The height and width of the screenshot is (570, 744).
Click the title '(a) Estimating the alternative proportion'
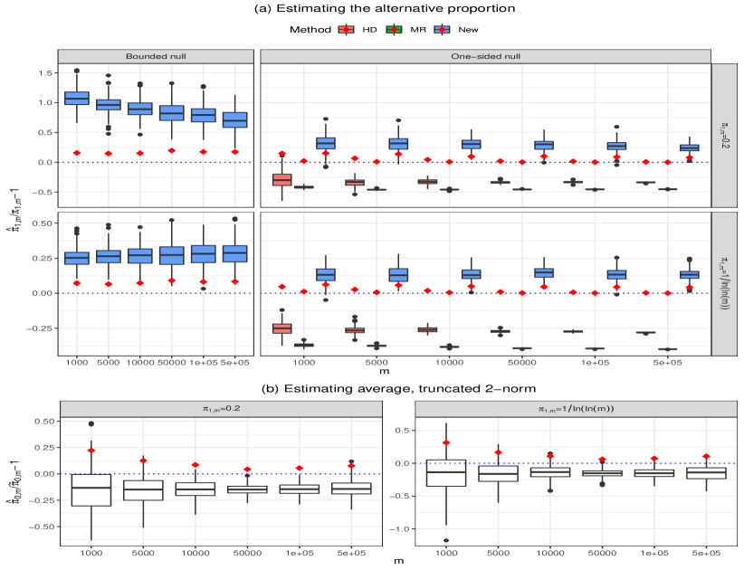tap(371, 9)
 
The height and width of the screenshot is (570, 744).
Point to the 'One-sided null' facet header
tap(485, 55)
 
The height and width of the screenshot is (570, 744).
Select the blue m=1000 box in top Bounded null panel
tap(76, 98)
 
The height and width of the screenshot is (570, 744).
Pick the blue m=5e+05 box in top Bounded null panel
tap(234, 119)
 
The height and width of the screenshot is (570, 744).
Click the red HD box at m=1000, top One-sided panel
tap(281, 179)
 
